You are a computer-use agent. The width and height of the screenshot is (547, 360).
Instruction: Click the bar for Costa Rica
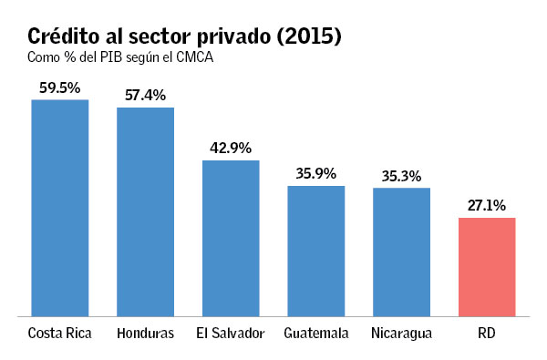(x=60, y=208)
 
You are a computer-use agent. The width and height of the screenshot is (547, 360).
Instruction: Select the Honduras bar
(x=145, y=211)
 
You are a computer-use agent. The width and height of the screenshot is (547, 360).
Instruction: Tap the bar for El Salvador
(x=231, y=238)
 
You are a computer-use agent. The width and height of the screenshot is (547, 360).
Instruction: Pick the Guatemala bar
(x=316, y=251)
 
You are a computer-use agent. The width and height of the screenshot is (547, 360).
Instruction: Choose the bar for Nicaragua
(x=401, y=252)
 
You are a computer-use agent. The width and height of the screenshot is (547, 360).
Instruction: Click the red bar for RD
(x=487, y=267)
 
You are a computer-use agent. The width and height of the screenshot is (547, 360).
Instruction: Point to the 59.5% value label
(x=60, y=87)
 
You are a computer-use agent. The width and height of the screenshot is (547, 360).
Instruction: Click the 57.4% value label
(x=145, y=95)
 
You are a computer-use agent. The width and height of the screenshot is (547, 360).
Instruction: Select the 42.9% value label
(x=231, y=148)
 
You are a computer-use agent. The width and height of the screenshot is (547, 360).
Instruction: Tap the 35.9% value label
(x=316, y=173)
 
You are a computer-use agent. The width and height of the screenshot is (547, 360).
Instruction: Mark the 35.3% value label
(x=401, y=175)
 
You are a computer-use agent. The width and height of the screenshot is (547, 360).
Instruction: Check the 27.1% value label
(x=487, y=205)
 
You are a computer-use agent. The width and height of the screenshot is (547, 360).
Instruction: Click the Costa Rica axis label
(x=60, y=334)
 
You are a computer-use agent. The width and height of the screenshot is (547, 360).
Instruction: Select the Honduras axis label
(x=145, y=334)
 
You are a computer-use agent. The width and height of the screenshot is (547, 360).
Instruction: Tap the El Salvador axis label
(x=231, y=334)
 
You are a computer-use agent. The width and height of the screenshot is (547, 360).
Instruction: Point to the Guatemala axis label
(x=316, y=334)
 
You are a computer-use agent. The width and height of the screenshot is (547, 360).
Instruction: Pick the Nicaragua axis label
(x=401, y=334)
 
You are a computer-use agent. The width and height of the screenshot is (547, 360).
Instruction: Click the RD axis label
(x=487, y=334)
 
